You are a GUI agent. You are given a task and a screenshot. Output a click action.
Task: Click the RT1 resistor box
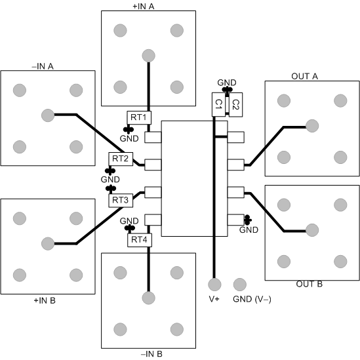138,117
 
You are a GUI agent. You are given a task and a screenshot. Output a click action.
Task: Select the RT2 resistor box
120,159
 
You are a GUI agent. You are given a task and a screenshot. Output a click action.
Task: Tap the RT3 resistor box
120,199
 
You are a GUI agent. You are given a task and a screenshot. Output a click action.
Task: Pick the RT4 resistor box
138,240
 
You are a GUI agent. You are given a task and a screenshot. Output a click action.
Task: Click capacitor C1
218,104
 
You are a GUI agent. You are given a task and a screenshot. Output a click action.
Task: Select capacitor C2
235,104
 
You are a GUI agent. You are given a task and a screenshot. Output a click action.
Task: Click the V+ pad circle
214,285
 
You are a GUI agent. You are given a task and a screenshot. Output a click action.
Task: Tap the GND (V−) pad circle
239,285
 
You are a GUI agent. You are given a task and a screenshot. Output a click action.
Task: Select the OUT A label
304,76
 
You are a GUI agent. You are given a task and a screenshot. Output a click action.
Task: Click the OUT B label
310,285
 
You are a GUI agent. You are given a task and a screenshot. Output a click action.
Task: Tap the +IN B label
44,300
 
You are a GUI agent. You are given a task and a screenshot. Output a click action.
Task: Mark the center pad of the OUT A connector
311,125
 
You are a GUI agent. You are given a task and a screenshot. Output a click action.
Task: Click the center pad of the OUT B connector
311,230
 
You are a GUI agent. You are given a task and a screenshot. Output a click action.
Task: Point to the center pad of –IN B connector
149,297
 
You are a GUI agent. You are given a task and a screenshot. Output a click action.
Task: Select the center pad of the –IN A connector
47,115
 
